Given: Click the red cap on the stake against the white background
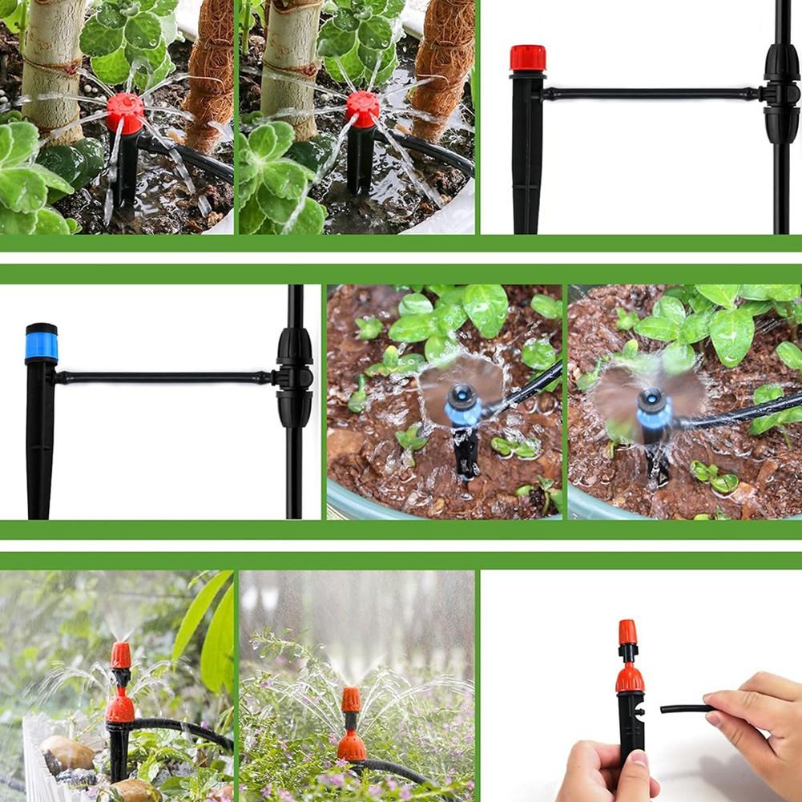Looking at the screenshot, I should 527,58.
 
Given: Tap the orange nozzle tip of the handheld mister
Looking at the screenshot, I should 627,632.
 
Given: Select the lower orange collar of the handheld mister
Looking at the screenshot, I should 630,679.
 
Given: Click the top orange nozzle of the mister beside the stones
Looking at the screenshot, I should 120,655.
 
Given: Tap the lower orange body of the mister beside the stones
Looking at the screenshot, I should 120,708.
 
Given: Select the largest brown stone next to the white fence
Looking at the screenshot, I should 66,752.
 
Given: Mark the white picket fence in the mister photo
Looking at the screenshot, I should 32,753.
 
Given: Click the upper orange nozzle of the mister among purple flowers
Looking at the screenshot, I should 351,699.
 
